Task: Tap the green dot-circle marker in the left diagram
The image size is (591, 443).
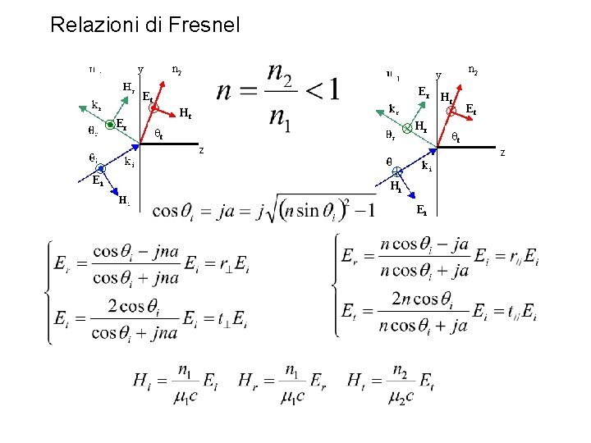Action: tap(110, 125)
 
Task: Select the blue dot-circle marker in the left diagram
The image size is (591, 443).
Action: tap(101, 170)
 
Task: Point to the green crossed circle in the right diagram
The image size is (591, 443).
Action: tap(407, 126)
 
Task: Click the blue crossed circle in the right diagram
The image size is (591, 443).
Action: tap(396, 171)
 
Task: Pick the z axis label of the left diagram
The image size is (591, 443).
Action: tap(201, 149)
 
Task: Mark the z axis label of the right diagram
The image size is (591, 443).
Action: tap(503, 152)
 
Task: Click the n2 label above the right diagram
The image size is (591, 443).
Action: tap(474, 71)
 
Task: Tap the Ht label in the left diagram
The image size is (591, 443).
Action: tap(186, 113)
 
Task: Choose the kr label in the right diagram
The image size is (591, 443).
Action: tap(394, 107)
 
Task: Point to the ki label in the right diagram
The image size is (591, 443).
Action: tap(427, 167)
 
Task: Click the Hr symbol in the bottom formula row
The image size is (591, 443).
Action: tap(252, 380)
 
